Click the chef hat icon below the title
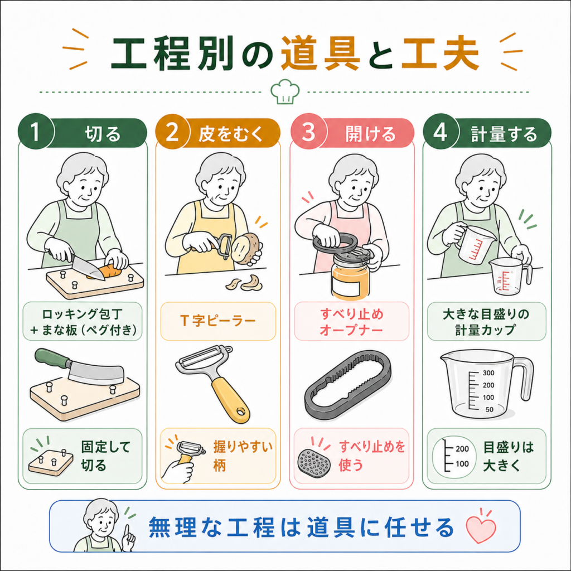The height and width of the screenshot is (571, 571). [x=285, y=91]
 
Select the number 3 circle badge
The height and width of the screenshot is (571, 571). [x=308, y=132]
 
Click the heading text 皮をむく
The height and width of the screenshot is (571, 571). [x=230, y=134]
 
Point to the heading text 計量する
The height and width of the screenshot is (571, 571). [x=504, y=134]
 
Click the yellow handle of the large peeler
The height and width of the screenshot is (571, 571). [x=230, y=400]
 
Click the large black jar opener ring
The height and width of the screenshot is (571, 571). [x=348, y=385]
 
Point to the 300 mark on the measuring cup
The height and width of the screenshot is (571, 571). [x=488, y=373]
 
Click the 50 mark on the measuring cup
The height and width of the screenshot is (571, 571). [x=490, y=409]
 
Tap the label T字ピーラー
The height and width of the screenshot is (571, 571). [x=218, y=321]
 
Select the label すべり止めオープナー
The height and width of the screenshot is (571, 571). [x=351, y=322]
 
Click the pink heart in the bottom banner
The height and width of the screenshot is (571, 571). [x=481, y=529]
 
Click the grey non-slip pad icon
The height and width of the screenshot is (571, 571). [x=314, y=462]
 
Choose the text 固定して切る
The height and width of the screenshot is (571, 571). [x=105, y=456]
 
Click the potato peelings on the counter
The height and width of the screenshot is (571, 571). [x=244, y=283]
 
